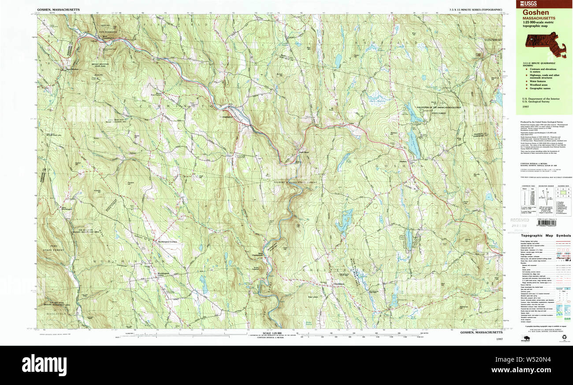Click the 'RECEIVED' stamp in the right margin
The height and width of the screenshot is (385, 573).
(x=520, y=220)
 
